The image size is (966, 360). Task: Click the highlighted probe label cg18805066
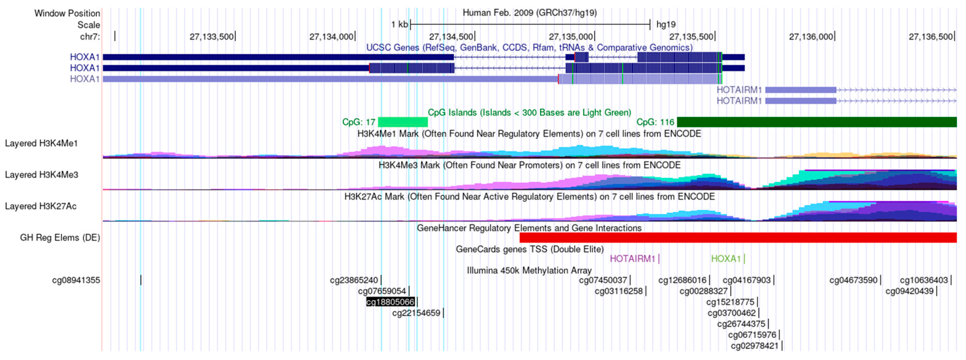pyautogui.click(x=390, y=302)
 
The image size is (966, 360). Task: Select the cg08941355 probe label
pyautogui.click(x=76, y=280)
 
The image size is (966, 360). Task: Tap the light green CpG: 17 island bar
pyautogui.click(x=403, y=122)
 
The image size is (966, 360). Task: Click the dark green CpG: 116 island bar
pyautogui.click(x=816, y=122)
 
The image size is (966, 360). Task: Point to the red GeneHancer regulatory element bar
pyautogui.click(x=738, y=237)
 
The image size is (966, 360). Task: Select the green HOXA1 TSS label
pyautogui.click(x=726, y=259)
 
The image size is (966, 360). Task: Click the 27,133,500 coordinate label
pyautogui.click(x=211, y=37)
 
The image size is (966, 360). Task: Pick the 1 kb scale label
pyautogui.click(x=399, y=25)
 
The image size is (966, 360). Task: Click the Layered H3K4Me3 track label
pyautogui.click(x=42, y=175)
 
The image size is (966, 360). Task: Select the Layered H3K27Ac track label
pyautogui.click(x=41, y=206)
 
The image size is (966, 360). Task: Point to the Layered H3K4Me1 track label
pyautogui.click(x=41, y=143)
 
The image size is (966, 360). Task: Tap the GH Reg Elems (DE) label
pyautogui.click(x=60, y=238)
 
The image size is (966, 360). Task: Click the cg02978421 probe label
pyautogui.click(x=755, y=346)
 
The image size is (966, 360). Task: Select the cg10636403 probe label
pyautogui.click(x=924, y=280)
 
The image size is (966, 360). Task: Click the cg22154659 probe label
pyautogui.click(x=416, y=313)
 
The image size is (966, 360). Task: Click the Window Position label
pyautogui.click(x=67, y=13)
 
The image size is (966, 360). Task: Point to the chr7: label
pyautogui.click(x=90, y=37)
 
